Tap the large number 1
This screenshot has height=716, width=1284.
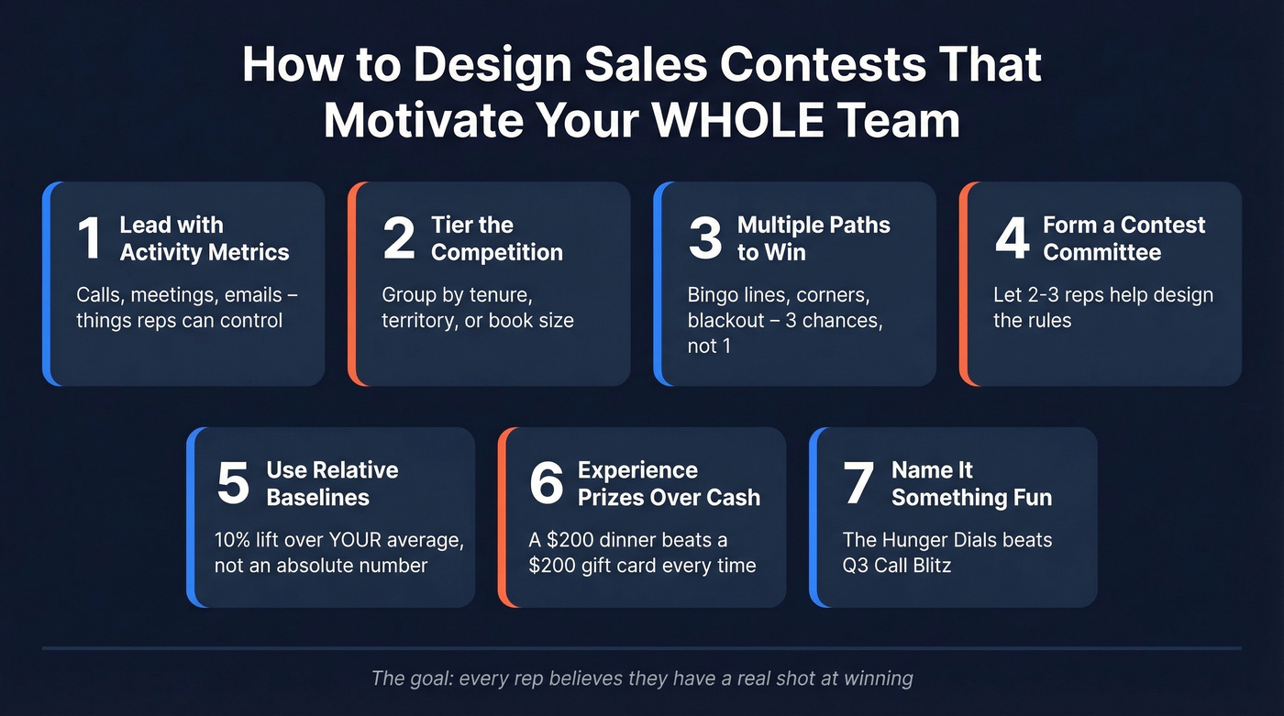pos(89,238)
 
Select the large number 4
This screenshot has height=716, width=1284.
pos(1012,238)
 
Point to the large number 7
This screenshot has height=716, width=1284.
pos(858,483)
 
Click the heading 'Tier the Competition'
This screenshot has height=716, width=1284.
pos(496,238)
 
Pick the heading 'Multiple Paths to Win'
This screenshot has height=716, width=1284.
pos(814,238)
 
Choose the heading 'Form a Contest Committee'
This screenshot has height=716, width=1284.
pos(1123,238)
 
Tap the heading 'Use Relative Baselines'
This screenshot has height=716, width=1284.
pos(332,483)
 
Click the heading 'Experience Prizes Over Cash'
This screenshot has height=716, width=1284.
pos(669,483)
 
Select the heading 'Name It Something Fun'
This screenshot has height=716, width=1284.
pos(971,483)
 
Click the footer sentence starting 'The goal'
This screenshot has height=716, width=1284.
pos(642,678)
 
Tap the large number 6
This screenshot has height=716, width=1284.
pos(547,483)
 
